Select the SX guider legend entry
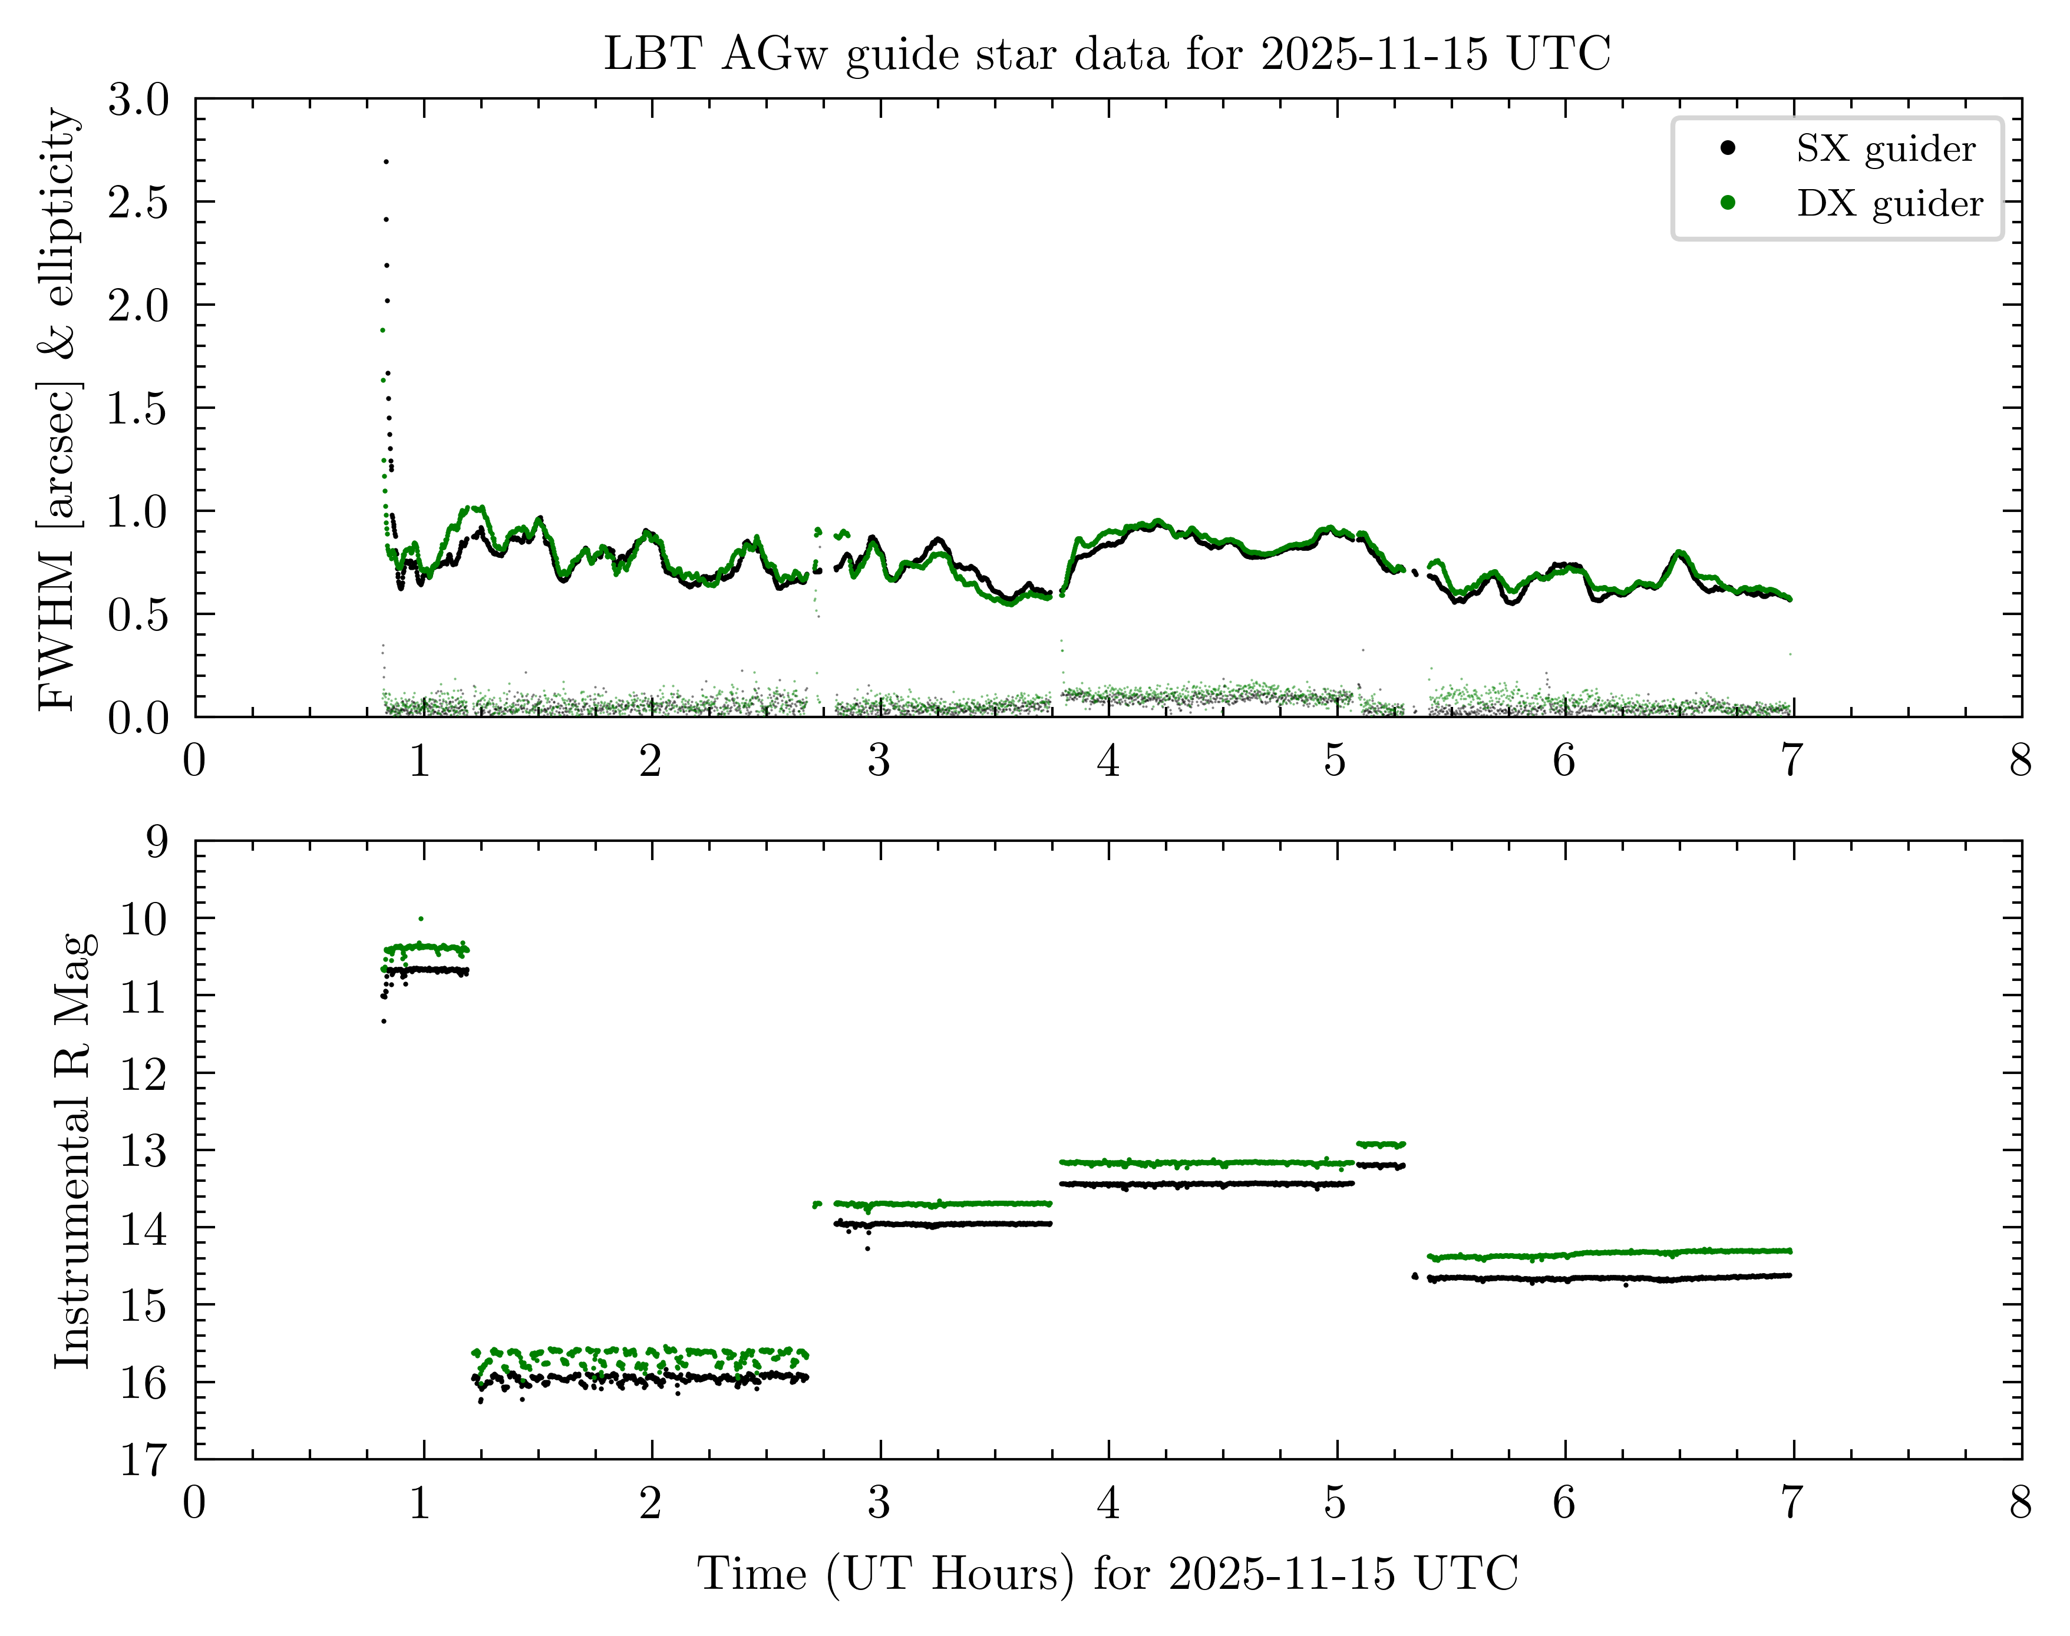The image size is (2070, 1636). click(x=1884, y=150)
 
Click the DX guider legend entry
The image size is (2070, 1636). click(x=1888, y=204)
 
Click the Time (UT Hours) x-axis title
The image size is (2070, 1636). click(x=1107, y=1573)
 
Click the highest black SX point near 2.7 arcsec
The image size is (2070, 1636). click(x=386, y=162)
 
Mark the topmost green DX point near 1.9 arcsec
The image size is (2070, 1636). click(x=382, y=330)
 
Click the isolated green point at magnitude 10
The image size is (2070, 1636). click(x=421, y=918)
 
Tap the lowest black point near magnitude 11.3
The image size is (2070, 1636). click(x=384, y=1021)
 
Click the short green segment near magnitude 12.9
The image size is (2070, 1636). click(x=1381, y=1143)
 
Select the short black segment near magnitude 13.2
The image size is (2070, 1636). click(x=1381, y=1166)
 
